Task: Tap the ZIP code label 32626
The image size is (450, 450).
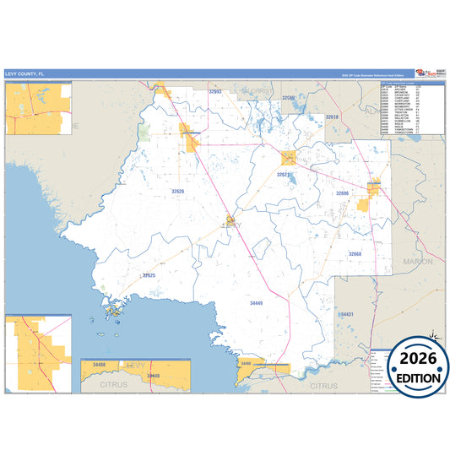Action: (177, 192)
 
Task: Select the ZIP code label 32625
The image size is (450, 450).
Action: (148, 275)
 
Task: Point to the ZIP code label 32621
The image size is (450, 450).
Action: (284, 175)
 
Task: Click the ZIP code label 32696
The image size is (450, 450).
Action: (342, 193)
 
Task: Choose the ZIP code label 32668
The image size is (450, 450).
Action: (355, 253)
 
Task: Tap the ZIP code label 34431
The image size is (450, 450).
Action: (345, 314)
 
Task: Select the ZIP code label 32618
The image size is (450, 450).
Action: (332, 117)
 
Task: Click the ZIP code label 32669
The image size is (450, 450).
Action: (288, 99)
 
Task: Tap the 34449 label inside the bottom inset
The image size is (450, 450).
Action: (153, 376)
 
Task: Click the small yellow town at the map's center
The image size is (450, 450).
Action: (230, 222)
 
